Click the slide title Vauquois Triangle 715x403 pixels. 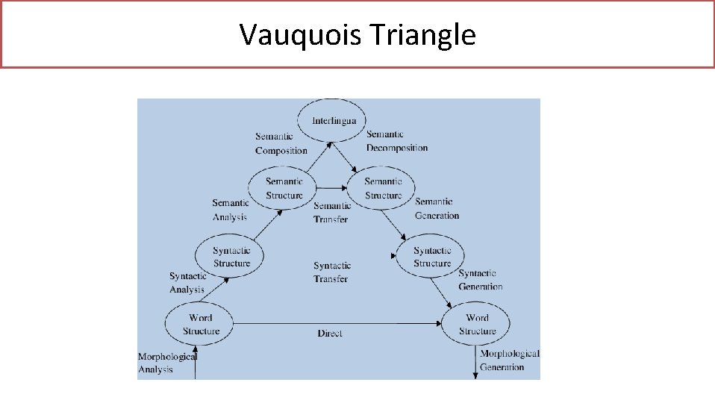point(357,34)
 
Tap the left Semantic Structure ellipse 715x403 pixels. point(284,188)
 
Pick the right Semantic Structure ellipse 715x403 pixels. point(383,188)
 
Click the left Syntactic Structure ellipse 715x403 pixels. point(231,257)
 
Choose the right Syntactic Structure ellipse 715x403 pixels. point(432,257)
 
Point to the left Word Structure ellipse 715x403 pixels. point(201,324)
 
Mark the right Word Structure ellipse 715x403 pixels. point(477,325)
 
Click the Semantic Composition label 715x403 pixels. point(281,143)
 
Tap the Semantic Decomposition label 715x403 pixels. point(397,141)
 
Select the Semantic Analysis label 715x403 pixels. point(230,210)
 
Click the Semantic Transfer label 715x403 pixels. point(331,213)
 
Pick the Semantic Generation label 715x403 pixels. point(437,208)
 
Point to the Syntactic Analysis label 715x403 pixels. point(187,283)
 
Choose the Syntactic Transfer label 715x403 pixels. point(331,272)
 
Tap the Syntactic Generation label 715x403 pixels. point(480,280)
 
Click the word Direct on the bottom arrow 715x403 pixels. point(329,334)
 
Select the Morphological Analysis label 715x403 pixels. point(166,363)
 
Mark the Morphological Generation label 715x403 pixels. point(508,360)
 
